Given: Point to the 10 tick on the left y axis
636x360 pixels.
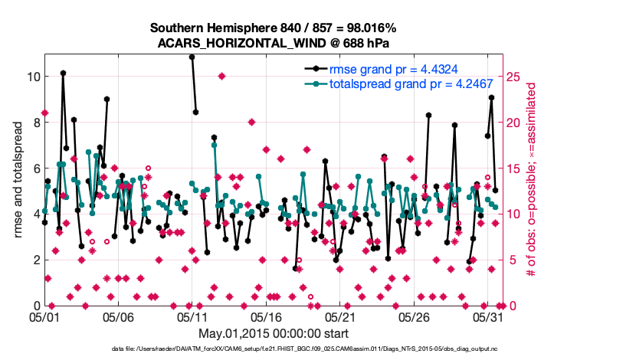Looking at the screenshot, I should pos(33,77).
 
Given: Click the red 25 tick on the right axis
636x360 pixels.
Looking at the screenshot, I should pos(514,77).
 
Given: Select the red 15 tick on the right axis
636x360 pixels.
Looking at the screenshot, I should pos(514,168).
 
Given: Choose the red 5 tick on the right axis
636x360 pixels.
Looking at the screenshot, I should pos(511,260).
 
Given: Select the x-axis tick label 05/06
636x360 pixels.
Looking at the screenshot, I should pos(119,316).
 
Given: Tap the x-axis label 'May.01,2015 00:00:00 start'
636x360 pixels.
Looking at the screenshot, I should pos(273,333).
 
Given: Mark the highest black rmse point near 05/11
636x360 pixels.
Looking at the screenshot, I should pos(192,57).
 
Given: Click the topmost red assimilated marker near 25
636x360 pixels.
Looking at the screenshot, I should pos(221,76).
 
